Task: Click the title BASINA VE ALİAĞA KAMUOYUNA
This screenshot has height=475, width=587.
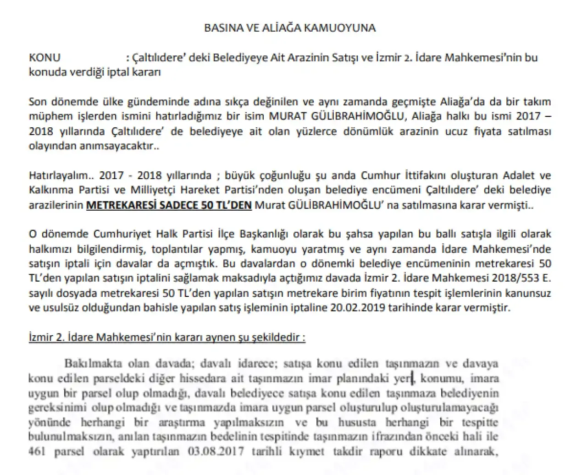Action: pos(290,28)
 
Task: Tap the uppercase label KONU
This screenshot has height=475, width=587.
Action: pos(44,58)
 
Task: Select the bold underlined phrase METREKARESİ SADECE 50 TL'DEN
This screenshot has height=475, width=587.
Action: pos(169,205)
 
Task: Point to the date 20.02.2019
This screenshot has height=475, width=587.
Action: pos(358,307)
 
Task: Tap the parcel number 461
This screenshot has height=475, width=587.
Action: pos(37,451)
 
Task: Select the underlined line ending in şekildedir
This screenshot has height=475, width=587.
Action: pos(167,338)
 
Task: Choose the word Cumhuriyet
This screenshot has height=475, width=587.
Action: pos(118,234)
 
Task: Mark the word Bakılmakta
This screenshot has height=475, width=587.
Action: pos(93,364)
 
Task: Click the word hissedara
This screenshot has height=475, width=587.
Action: pos(201,378)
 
